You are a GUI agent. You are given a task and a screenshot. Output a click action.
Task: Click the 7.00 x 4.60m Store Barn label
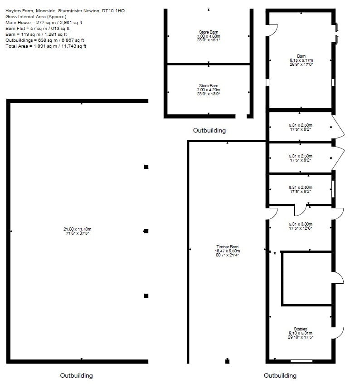(x=209, y=36)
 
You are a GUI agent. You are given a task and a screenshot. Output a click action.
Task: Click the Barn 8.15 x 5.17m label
(x=301, y=60)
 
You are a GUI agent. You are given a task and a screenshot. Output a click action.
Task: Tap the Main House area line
(x=44, y=22)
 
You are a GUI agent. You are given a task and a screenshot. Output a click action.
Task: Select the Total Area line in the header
(x=46, y=46)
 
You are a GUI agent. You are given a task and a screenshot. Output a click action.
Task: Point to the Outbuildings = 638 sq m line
(x=44, y=40)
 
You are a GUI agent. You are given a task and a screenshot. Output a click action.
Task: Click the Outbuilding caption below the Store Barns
(x=209, y=131)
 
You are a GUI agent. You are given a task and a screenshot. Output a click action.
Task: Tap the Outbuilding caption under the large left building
(x=77, y=376)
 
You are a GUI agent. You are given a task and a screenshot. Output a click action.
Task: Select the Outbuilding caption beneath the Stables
(x=280, y=376)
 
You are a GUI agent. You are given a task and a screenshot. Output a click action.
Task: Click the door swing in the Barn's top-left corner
(x=273, y=30)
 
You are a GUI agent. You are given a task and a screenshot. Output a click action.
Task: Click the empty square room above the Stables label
(x=306, y=278)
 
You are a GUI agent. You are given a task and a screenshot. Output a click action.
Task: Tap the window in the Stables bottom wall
(x=301, y=361)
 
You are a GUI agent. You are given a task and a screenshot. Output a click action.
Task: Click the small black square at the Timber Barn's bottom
(x=227, y=361)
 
